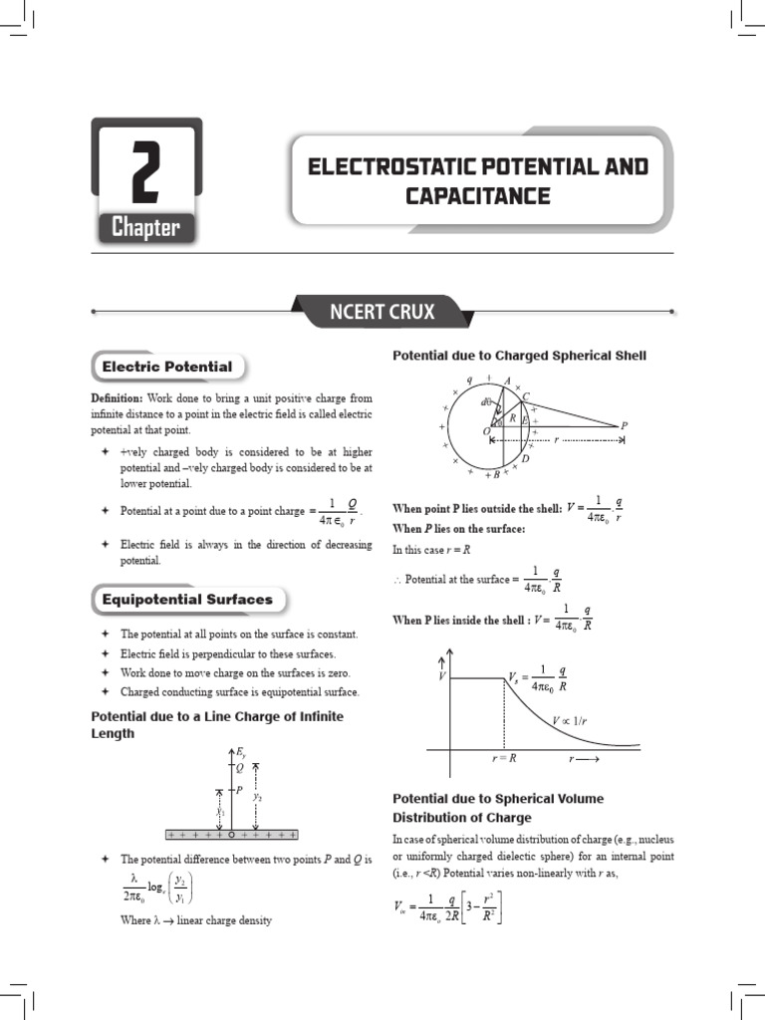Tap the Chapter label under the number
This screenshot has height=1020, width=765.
[x=145, y=228]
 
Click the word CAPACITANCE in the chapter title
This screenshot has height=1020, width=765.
[x=477, y=195]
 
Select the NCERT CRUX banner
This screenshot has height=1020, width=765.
[x=382, y=312]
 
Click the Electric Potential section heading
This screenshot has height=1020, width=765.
[x=167, y=367]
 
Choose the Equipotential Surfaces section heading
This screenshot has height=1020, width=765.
[x=186, y=600]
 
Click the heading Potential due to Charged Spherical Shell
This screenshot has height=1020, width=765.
[x=519, y=356]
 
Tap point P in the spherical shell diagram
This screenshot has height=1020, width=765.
[x=624, y=425]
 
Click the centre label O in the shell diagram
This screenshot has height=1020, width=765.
[x=485, y=431]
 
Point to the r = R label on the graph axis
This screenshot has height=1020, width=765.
[x=504, y=758]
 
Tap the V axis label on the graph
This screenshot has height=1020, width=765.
[x=441, y=676]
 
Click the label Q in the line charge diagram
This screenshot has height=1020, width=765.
[x=238, y=768]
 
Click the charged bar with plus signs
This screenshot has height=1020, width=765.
[x=231, y=835]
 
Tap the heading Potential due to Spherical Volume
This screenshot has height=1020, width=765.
[x=498, y=799]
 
